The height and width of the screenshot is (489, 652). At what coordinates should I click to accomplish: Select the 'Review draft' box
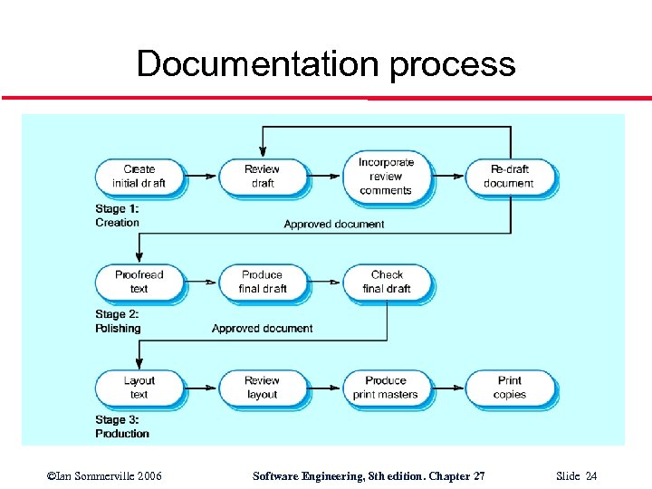(262, 176)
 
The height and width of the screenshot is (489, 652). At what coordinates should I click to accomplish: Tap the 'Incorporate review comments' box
(386, 176)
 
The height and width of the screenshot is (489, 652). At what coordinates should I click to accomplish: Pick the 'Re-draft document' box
(509, 176)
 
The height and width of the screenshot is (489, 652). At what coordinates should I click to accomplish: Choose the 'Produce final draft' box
(262, 282)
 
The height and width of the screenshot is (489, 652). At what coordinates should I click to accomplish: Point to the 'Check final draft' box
(387, 282)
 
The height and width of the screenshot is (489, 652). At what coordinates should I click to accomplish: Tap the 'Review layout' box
(262, 388)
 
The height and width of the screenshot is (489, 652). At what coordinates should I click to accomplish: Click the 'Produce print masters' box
(386, 388)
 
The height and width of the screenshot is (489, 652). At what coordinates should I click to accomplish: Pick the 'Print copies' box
(509, 388)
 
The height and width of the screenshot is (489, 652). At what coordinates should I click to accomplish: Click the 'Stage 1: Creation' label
(118, 216)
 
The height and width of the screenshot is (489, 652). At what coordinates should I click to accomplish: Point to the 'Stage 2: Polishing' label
(119, 321)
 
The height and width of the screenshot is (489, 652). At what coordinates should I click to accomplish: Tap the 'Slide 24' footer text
(577, 476)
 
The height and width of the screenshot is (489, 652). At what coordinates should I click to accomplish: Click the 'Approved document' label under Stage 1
(334, 224)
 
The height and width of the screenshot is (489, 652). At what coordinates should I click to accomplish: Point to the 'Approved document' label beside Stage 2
(263, 328)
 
